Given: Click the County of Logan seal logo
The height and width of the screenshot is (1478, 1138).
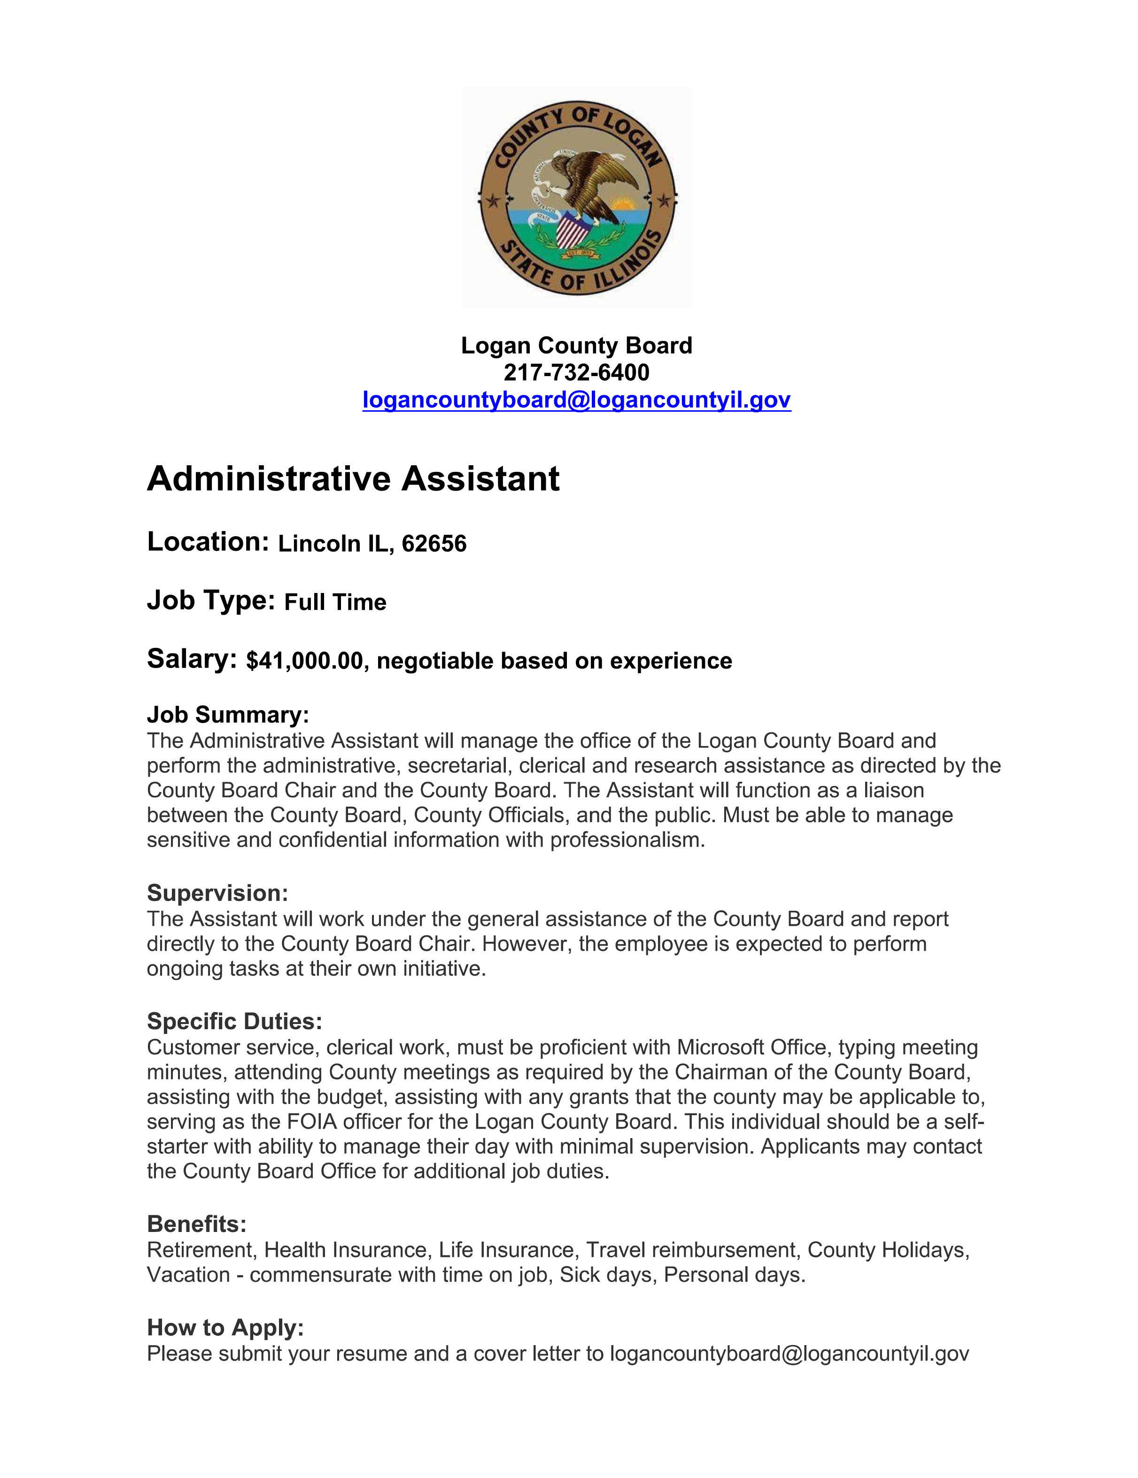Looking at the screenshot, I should pyautogui.click(x=577, y=196).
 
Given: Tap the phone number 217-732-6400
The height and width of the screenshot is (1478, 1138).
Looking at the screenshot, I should pyautogui.click(x=576, y=373).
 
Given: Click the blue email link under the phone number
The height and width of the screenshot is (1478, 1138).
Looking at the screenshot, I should pyautogui.click(x=576, y=400).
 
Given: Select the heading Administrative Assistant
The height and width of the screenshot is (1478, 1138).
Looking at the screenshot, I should pyautogui.click(x=353, y=479).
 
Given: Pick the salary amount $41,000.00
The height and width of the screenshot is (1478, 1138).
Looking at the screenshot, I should pyautogui.click(x=305, y=661).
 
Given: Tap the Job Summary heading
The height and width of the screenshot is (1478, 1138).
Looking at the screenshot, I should pyautogui.click(x=227, y=715).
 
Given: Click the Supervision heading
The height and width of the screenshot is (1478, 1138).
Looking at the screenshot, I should pyautogui.click(x=217, y=893).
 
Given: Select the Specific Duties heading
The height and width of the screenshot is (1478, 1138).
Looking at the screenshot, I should pyautogui.click(x=234, y=1021).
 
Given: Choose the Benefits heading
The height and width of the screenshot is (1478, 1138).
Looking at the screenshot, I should pyautogui.click(x=196, y=1224).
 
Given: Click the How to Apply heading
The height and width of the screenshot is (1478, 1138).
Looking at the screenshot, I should pyautogui.click(x=225, y=1327).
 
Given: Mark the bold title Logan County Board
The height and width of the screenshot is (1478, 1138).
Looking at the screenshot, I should pyautogui.click(x=576, y=346).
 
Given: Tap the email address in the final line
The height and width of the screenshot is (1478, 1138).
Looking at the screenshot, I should pyautogui.click(x=790, y=1354).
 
